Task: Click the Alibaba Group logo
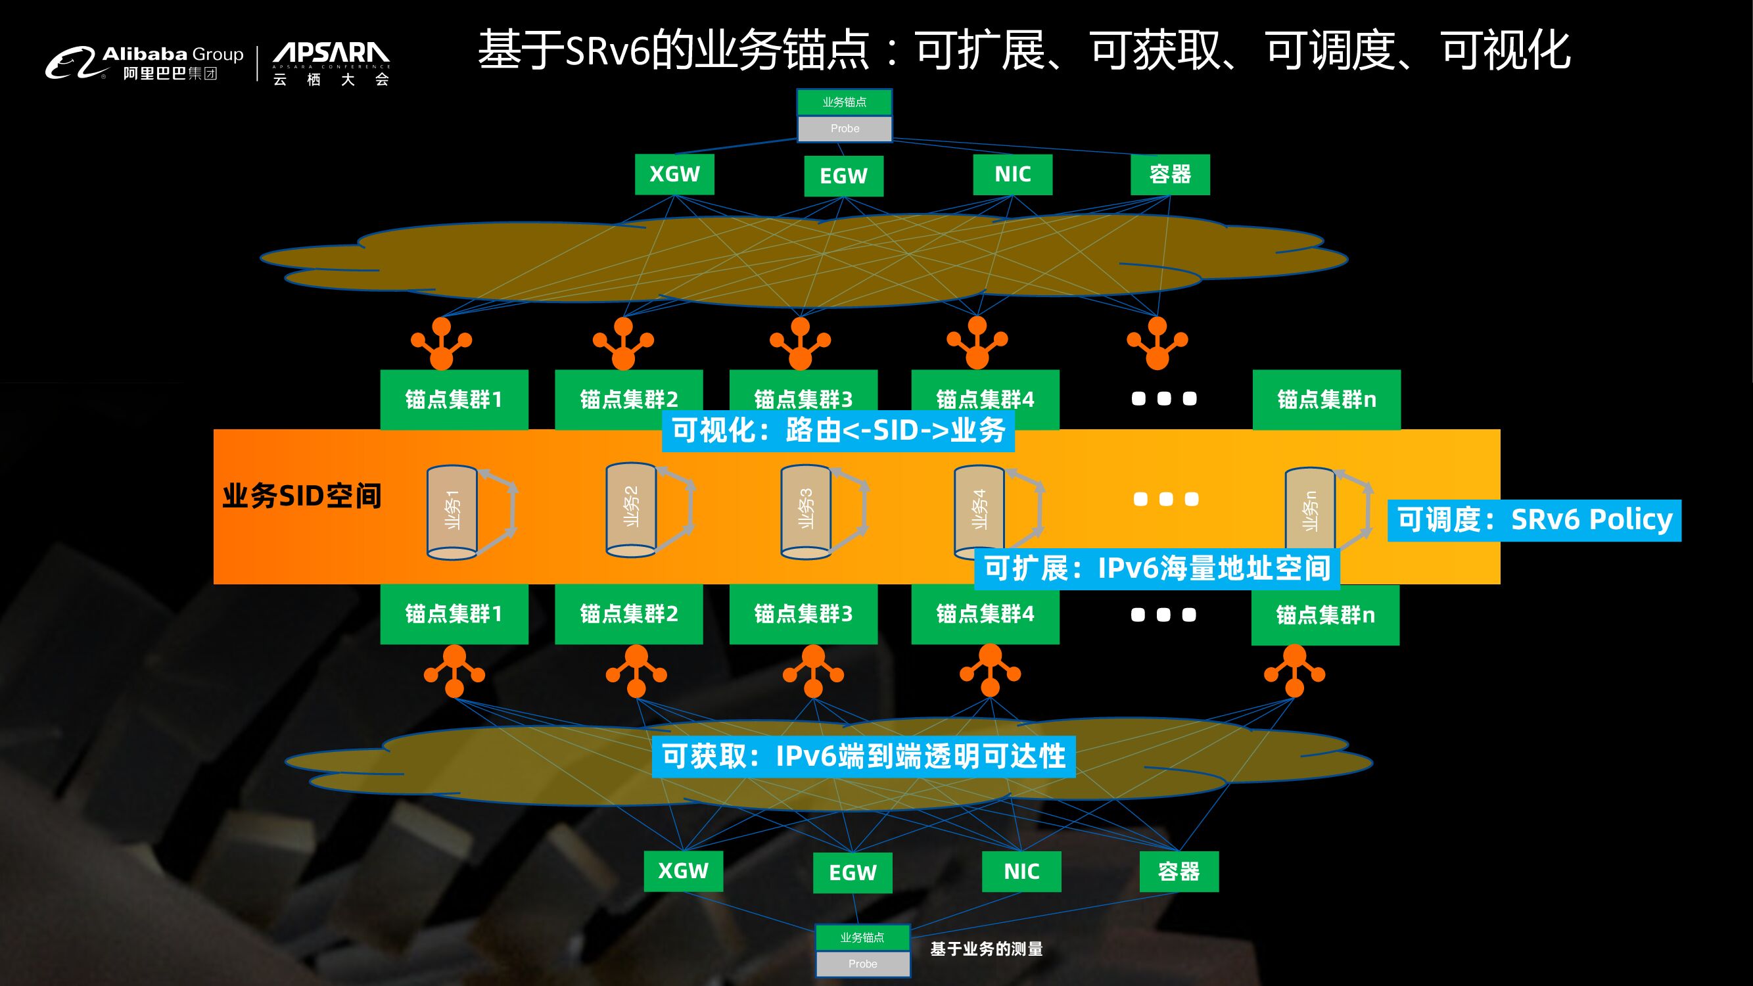pyautogui.click(x=144, y=63)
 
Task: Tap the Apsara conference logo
pyautogui.click(x=331, y=63)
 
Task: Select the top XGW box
pyautogui.click(x=674, y=174)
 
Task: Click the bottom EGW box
pyautogui.click(x=852, y=872)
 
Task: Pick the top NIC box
pyautogui.click(x=1013, y=174)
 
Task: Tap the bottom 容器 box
pyautogui.click(x=1179, y=872)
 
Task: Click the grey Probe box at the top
pyautogui.click(x=845, y=129)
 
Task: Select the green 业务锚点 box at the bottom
pyautogui.click(x=862, y=937)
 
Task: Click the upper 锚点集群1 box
pyautogui.click(x=454, y=400)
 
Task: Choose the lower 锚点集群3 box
pyautogui.click(x=803, y=614)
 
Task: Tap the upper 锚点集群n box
pyautogui.click(x=1326, y=400)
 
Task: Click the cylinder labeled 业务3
pyautogui.click(x=806, y=511)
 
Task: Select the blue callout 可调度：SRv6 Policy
pyautogui.click(x=1534, y=521)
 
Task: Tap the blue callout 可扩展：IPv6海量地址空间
pyautogui.click(x=1157, y=569)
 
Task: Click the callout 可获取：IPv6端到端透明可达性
pyautogui.click(x=864, y=757)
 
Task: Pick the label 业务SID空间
pyautogui.click(x=302, y=496)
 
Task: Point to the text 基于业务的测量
pyautogui.click(x=986, y=949)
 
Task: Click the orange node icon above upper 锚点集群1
pyautogui.click(x=441, y=343)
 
